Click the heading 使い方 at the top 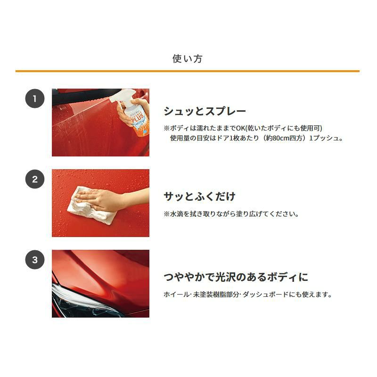click(x=187, y=58)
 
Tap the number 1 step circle click(x=35, y=98)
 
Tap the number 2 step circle click(x=35, y=179)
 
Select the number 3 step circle click(x=35, y=260)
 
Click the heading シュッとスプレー click(x=205, y=111)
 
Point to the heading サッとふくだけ click(x=199, y=197)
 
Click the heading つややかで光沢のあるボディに click(x=236, y=277)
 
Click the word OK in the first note click(x=240, y=128)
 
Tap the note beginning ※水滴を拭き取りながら click(x=231, y=214)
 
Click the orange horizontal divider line click(x=188, y=71)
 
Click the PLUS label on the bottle click(x=138, y=117)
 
